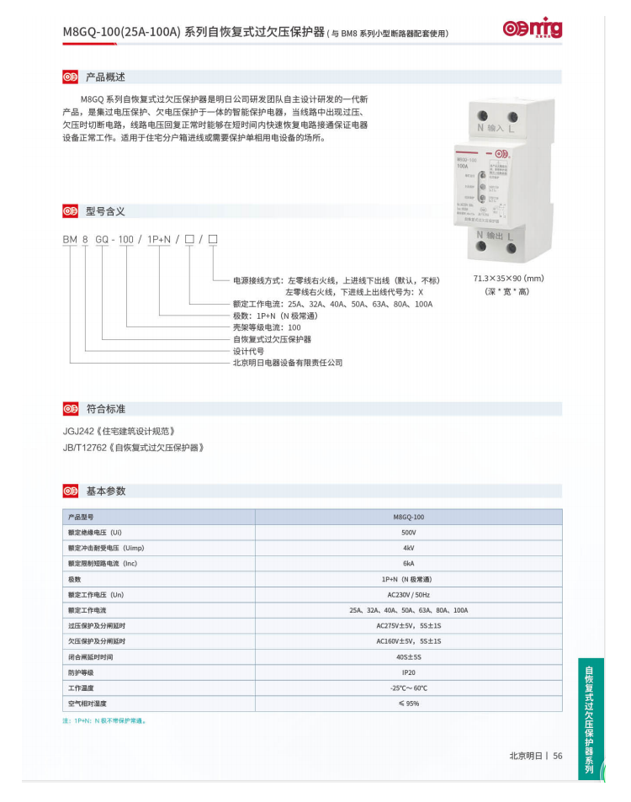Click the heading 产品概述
[105, 77]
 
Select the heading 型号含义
[105, 211]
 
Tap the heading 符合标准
[105, 409]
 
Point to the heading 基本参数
[105, 491]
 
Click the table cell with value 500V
[408, 533]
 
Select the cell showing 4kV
[408, 548]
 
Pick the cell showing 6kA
[408, 564]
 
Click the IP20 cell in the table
[408, 672]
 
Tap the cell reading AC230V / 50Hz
[408, 594]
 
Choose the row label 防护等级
[80, 672]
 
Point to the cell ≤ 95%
[408, 704]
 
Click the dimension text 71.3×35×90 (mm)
[508, 279]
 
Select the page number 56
[557, 756]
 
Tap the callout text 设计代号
[248, 351]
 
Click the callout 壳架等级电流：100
[266, 327]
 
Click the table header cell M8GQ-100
[408, 517]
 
